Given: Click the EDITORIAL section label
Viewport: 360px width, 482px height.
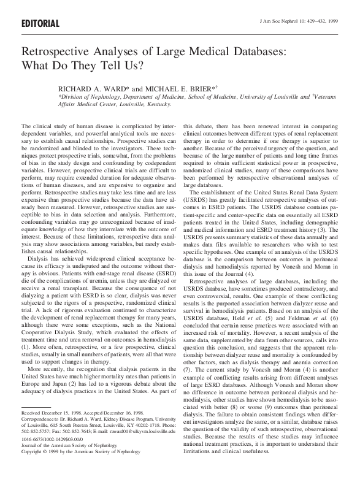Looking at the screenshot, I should [39, 23].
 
